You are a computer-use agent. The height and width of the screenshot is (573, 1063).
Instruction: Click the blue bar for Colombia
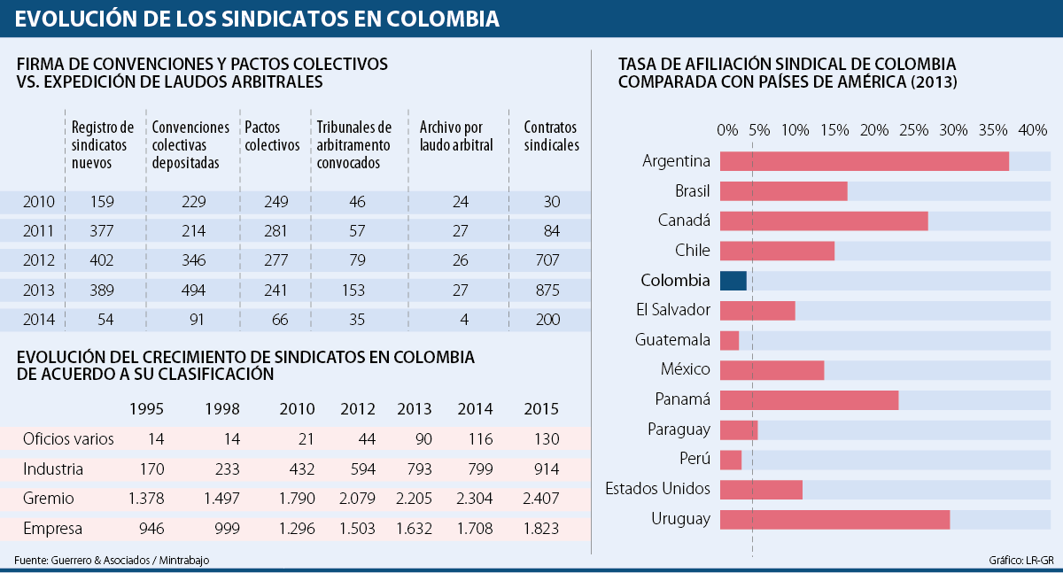coord(733,281)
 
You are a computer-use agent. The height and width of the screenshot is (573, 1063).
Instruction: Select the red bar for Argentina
coord(864,161)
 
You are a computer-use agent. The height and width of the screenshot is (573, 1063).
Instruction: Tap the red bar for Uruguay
coord(834,519)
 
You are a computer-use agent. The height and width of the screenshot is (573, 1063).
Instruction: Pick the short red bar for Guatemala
coord(729,340)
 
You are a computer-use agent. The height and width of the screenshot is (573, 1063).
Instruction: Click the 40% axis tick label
coord(1033,130)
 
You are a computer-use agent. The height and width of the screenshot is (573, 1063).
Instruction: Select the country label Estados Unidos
coord(658,489)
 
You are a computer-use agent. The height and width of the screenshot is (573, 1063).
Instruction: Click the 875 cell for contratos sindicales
coord(547,290)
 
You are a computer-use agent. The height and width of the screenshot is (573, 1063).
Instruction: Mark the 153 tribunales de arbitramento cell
coord(357,290)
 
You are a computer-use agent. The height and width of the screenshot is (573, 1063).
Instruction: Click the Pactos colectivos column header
coord(272,136)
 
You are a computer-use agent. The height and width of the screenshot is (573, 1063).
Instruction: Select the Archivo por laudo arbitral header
coord(456,136)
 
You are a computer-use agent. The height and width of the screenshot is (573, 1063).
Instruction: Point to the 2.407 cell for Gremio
coord(541,499)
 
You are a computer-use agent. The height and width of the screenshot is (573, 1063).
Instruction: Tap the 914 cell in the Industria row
coord(541,468)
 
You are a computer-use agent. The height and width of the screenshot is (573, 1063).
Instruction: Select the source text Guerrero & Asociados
coord(97,560)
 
